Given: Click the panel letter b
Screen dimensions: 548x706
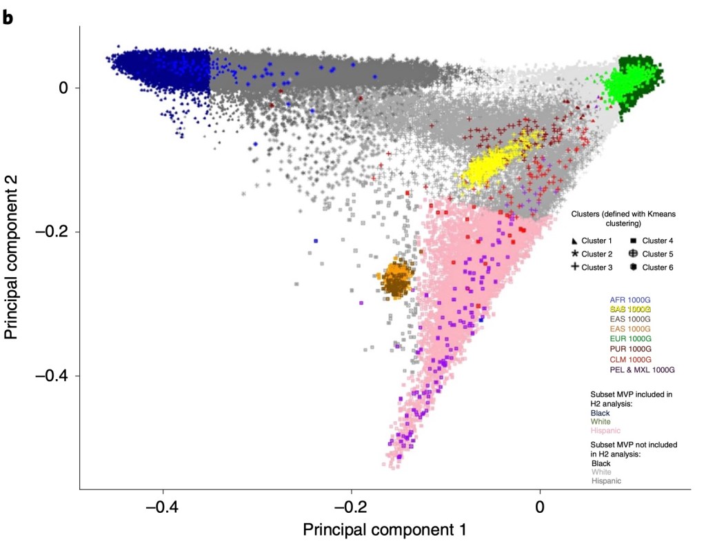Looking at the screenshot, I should tap(8, 17).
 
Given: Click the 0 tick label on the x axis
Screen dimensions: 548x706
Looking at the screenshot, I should tap(540, 509).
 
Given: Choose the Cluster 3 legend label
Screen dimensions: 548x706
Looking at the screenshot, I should tap(597, 267).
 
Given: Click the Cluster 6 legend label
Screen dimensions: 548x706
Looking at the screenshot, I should tap(657, 267).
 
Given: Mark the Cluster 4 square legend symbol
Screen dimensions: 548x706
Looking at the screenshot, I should tap(632, 241).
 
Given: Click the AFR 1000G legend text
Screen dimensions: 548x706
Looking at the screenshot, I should tap(630, 300).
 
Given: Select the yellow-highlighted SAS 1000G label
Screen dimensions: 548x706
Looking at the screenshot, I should tap(630, 310).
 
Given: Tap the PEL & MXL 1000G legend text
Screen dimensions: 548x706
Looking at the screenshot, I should tap(642, 370).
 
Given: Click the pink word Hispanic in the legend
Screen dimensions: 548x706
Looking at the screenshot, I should tap(606, 431).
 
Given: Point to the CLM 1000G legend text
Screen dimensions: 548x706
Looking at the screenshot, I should tap(630, 360).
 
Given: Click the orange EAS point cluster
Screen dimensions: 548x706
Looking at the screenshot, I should tap(397, 280).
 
